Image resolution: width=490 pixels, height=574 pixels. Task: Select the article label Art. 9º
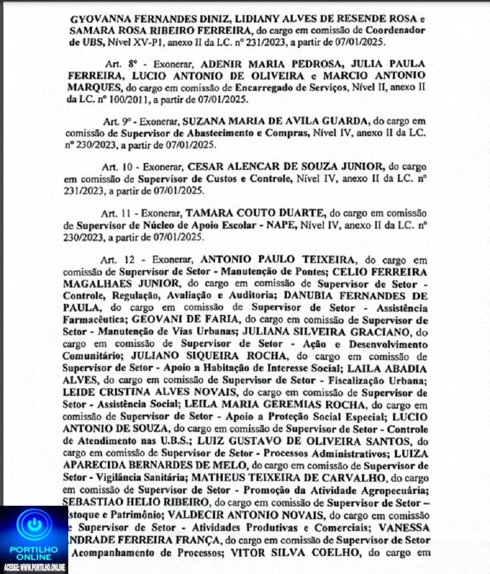117,121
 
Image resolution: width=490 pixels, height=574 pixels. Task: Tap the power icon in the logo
33,523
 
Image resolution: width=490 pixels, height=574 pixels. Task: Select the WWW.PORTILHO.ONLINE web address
45,566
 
